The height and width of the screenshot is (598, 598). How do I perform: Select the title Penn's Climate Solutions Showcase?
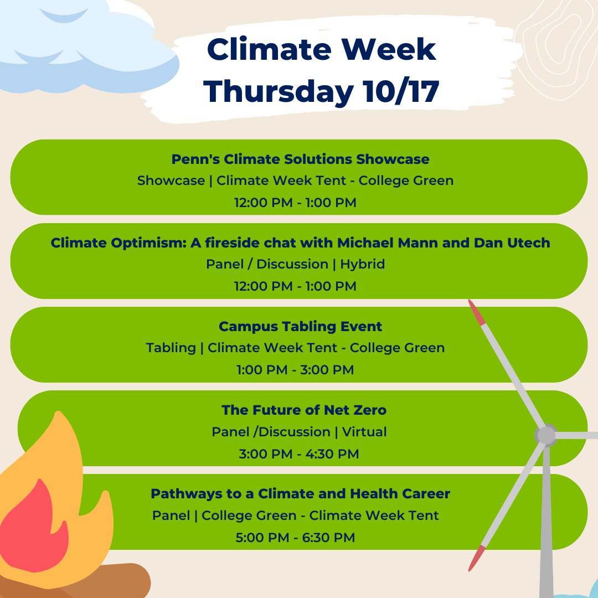pyautogui.click(x=300, y=159)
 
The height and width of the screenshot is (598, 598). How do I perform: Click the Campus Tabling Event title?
pyautogui.click(x=300, y=326)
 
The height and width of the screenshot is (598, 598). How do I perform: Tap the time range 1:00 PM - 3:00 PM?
pyautogui.click(x=295, y=369)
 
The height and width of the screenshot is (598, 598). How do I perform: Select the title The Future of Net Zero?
pyautogui.click(x=304, y=410)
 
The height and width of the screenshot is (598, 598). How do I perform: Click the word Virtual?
pyautogui.click(x=364, y=431)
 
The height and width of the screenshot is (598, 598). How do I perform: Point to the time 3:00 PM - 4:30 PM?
pyautogui.click(x=299, y=454)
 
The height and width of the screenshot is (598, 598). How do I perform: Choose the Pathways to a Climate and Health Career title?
pyautogui.click(x=301, y=493)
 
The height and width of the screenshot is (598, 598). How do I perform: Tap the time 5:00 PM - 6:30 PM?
pyautogui.click(x=297, y=537)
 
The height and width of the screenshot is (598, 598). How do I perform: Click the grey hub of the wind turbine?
pyautogui.click(x=546, y=435)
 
